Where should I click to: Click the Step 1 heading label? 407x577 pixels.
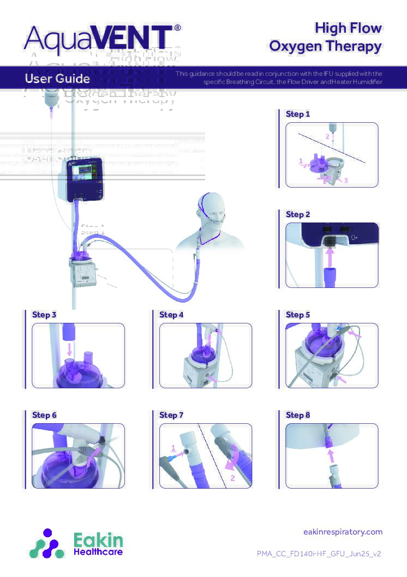(298, 114)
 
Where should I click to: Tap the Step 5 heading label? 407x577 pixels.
(298, 315)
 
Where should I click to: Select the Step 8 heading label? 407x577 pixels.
(298, 415)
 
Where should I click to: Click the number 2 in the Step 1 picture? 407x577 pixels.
(327, 135)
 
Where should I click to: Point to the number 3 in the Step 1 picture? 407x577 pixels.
(345, 180)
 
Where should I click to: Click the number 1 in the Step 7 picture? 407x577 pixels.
(173, 448)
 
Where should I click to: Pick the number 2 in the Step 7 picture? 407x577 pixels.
(232, 478)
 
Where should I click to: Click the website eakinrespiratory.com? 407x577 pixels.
(342, 532)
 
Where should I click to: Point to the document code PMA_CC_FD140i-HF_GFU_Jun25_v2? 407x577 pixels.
(319, 554)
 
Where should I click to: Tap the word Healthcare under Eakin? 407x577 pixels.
(98, 552)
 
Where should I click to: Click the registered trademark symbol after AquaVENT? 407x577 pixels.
(177, 27)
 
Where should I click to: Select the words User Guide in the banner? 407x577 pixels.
(57, 79)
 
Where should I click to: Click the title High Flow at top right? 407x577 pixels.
(348, 28)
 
